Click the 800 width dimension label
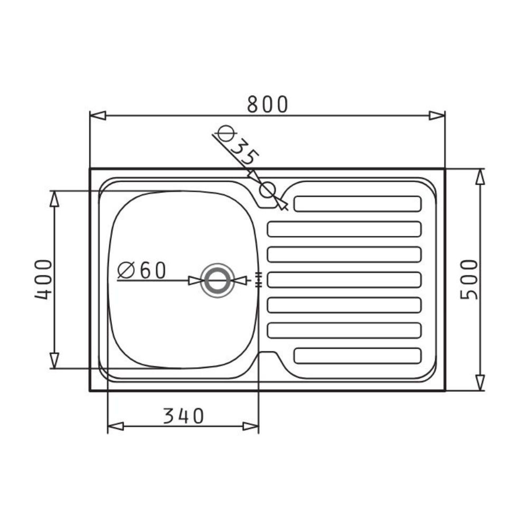267,104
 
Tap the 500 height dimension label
469,279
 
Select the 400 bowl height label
43,279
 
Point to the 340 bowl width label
184,416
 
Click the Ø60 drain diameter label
142,270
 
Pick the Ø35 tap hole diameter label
238,146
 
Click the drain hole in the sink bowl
218,280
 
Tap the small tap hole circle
268,190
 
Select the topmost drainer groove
357,204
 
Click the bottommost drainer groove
357,356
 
